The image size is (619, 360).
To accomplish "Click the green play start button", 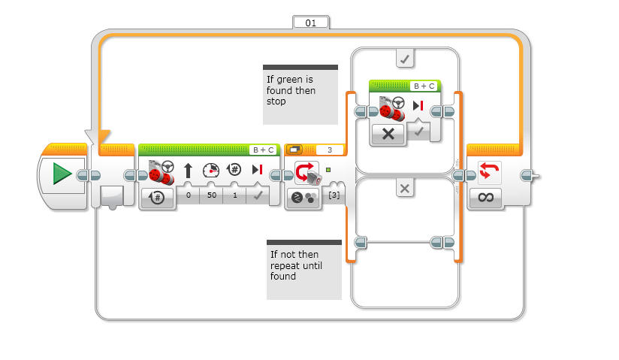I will (62, 174).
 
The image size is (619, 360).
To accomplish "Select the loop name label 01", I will (310, 23).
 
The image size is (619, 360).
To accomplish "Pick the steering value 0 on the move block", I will (188, 196).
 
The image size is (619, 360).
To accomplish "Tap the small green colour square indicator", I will (328, 169).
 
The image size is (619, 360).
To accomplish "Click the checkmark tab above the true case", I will (405, 58).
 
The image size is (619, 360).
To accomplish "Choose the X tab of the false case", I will (405, 189).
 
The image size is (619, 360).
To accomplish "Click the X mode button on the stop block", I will (388, 134).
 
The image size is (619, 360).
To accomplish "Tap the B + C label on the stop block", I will (424, 86).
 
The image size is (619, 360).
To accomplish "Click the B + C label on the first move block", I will (263, 150).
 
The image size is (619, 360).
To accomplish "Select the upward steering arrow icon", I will (188, 171).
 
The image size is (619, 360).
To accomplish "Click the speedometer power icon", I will (210, 171).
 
